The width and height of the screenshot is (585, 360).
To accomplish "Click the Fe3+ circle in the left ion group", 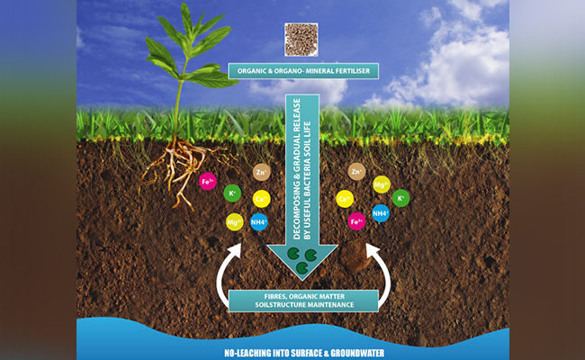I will click(x=207, y=181).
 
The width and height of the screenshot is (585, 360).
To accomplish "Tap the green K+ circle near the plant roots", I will click(x=232, y=193).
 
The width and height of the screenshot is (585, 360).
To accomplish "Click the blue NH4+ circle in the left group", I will click(x=259, y=222).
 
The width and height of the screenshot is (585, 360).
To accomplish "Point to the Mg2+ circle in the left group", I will click(x=234, y=220).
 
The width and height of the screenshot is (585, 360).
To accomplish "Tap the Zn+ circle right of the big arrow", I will click(x=356, y=171).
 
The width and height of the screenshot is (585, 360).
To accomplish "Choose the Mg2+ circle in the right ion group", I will click(x=382, y=184).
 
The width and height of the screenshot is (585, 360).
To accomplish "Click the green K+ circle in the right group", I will click(x=400, y=197).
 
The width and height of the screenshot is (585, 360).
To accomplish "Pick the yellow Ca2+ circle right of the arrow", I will click(x=343, y=199).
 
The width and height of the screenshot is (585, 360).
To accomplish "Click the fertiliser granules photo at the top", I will click(x=301, y=40).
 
